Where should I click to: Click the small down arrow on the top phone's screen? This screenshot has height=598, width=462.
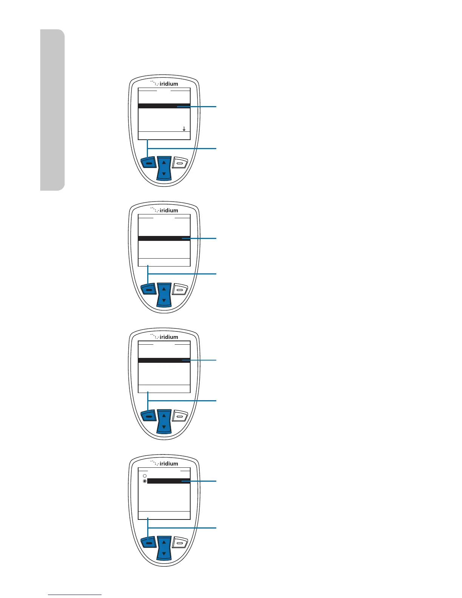point(184,129)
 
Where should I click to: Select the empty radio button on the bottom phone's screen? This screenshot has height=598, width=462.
point(145,476)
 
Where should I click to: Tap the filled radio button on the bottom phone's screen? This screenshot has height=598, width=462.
point(145,481)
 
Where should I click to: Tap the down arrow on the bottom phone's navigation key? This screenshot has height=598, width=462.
point(164,554)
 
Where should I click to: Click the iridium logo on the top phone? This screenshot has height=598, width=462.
point(164,83)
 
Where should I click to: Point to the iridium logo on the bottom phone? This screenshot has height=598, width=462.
point(164,463)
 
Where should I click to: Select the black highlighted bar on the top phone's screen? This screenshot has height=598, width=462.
point(164,106)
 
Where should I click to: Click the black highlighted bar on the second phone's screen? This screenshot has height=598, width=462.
point(164,239)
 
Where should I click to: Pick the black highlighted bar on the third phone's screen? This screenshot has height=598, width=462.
point(164,361)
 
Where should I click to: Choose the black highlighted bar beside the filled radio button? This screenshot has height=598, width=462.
point(168,481)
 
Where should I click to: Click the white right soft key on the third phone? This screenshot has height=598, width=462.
point(180,416)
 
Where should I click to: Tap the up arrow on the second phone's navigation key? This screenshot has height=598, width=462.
point(164,289)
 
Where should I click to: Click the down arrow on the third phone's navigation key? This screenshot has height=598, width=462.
point(164,427)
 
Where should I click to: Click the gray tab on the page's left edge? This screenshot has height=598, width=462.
point(52,109)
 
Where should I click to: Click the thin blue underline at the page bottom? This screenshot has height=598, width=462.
point(75,595)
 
